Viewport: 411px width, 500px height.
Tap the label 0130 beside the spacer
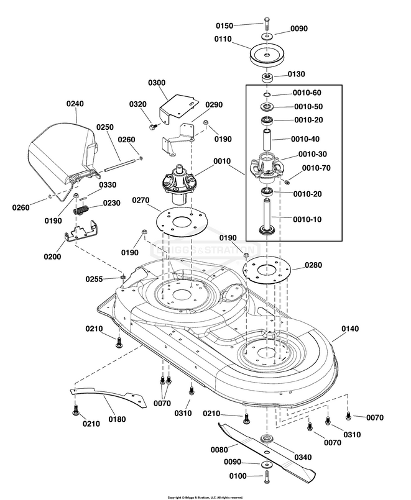[297, 75]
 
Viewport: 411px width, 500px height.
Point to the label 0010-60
[307, 93]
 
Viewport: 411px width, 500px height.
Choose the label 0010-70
[315, 168]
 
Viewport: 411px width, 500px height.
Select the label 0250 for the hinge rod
[104, 127]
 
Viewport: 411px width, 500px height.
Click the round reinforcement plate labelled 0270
[180, 221]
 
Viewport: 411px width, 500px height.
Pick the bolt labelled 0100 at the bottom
[267, 476]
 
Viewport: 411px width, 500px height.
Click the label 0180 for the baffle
[116, 419]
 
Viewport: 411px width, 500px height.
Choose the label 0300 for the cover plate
[157, 83]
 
